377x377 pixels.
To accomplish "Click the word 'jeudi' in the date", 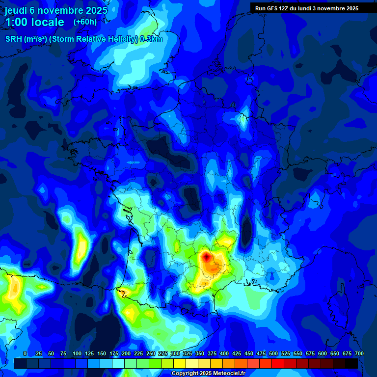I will click(x=16, y=10).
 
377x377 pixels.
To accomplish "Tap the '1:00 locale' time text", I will click(x=34, y=22).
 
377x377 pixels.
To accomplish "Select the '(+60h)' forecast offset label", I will click(x=85, y=22).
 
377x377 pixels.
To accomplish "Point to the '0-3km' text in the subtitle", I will click(x=151, y=39).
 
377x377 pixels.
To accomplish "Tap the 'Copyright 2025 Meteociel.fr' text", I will click(x=208, y=374).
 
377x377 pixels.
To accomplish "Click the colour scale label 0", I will click(x=25, y=354).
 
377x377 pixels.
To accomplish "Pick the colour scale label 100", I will click(x=77, y=354).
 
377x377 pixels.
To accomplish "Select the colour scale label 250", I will click(x=151, y=354).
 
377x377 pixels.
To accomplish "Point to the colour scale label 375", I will click(x=212, y=354).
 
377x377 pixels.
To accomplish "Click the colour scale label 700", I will click(x=359, y=354).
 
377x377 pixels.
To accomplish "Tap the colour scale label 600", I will click(x=323, y=354).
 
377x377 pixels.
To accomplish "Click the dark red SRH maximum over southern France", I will click(x=207, y=256).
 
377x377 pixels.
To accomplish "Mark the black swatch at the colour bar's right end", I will click(x=351, y=364).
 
